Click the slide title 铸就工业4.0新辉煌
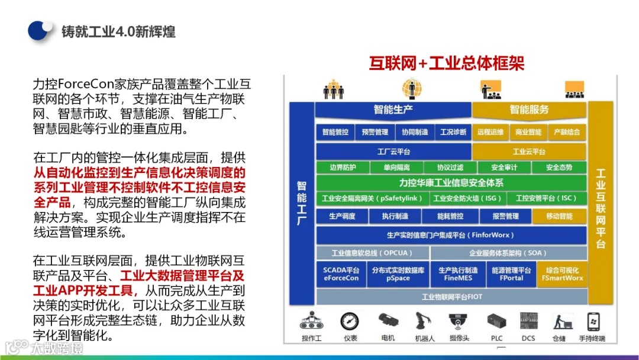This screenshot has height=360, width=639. tap(118, 31)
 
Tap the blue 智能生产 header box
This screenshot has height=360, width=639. tap(393, 110)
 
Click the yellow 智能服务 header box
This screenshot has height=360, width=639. tap(529, 110)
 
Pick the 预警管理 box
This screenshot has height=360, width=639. tap(375, 132)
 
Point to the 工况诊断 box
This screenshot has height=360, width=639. tap(453, 132)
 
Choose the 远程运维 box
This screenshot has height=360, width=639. tap(490, 132)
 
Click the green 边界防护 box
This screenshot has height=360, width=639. tap(343, 168)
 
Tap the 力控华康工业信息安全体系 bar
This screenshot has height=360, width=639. tap(451, 183)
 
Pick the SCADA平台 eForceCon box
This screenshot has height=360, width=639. tap(341, 274)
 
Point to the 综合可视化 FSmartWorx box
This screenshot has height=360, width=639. tap(562, 274)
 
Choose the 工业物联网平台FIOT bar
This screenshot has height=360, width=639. tap(451, 296)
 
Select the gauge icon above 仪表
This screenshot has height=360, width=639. tap(350, 321)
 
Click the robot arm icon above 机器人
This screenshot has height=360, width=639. tap(423, 321)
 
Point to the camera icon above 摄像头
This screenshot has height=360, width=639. tap(459, 322)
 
